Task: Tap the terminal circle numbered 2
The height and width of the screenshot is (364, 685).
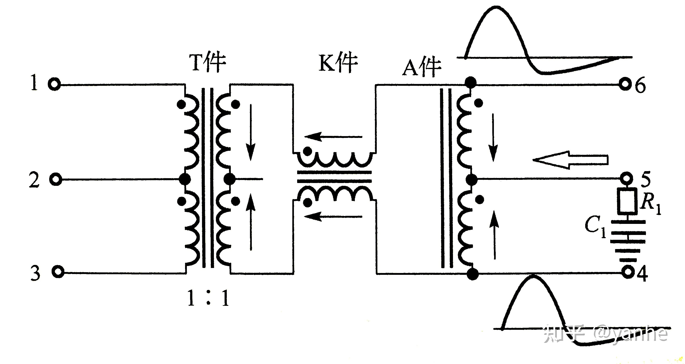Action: (x=56, y=179)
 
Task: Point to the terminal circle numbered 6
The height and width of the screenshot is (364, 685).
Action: (x=626, y=85)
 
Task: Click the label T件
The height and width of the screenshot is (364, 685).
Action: (x=207, y=63)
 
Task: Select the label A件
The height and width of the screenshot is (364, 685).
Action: (x=422, y=68)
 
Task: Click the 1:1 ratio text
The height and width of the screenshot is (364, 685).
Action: (x=208, y=298)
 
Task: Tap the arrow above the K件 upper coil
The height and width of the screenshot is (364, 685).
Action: (x=333, y=137)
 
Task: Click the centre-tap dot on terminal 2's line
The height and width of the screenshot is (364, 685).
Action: (x=184, y=179)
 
